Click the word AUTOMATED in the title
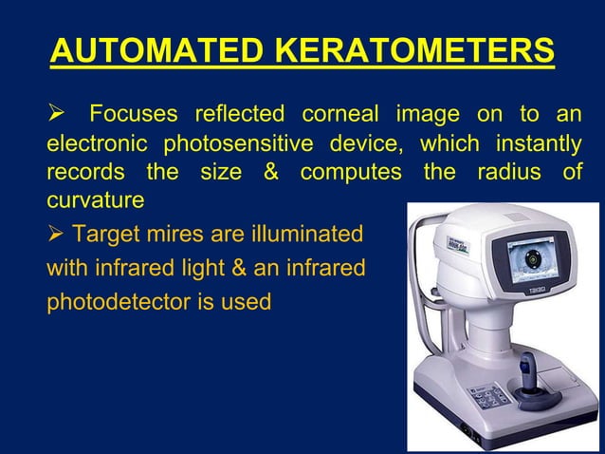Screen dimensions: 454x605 click(x=152, y=50)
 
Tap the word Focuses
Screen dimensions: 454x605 click(x=133, y=116)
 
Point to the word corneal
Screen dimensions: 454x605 click(x=338, y=116)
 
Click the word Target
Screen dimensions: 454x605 click(x=102, y=234)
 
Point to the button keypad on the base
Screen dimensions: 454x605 click(x=486, y=395)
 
